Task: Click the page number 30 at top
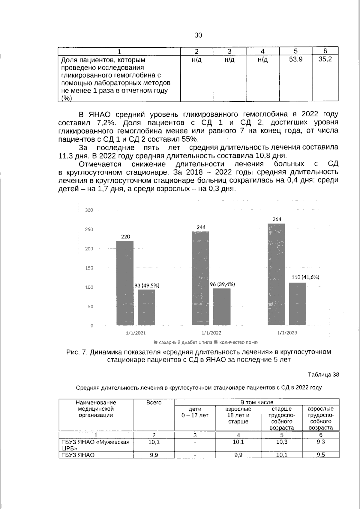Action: pyautogui.click(x=198, y=35)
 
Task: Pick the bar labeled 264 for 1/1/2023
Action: pyautogui.click(x=276, y=274)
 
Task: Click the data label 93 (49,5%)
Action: pyautogui.click(x=146, y=286)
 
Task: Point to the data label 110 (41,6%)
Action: pyautogui.click(x=305, y=277)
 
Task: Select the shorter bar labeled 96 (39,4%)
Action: pyautogui.click(x=222, y=307)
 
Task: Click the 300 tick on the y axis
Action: pyautogui.click(x=89, y=210)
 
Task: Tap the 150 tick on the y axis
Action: pyautogui.click(x=89, y=268)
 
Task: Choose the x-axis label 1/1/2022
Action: pyautogui.click(x=211, y=333)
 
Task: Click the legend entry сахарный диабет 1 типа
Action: pyautogui.click(x=183, y=342)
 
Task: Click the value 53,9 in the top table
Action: pyautogui.click(x=295, y=59)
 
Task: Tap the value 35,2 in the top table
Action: pyautogui.click(x=325, y=59)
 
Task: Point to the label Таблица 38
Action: pyautogui.click(x=323, y=375)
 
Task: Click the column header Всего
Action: pyautogui.click(x=154, y=403)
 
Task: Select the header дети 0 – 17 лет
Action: pyautogui.click(x=195, y=412)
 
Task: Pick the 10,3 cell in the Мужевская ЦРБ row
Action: pyautogui.click(x=281, y=442)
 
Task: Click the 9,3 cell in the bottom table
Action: pyautogui.click(x=320, y=442)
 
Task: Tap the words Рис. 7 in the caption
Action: pyautogui.click(x=76, y=352)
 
